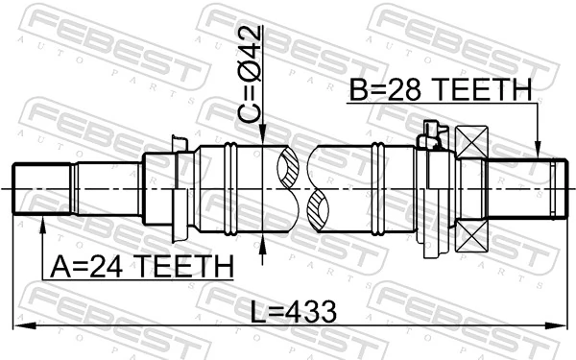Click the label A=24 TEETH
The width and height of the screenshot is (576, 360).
pyautogui.click(x=136, y=265)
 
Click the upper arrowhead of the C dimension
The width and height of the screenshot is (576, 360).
pyautogui.click(x=262, y=138)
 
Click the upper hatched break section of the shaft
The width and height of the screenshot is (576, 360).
pyautogui.click(x=289, y=168)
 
